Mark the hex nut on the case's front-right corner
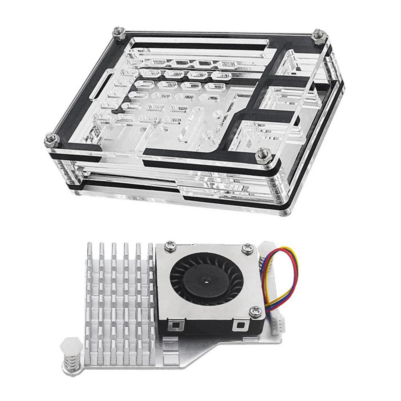coord(262,153)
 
